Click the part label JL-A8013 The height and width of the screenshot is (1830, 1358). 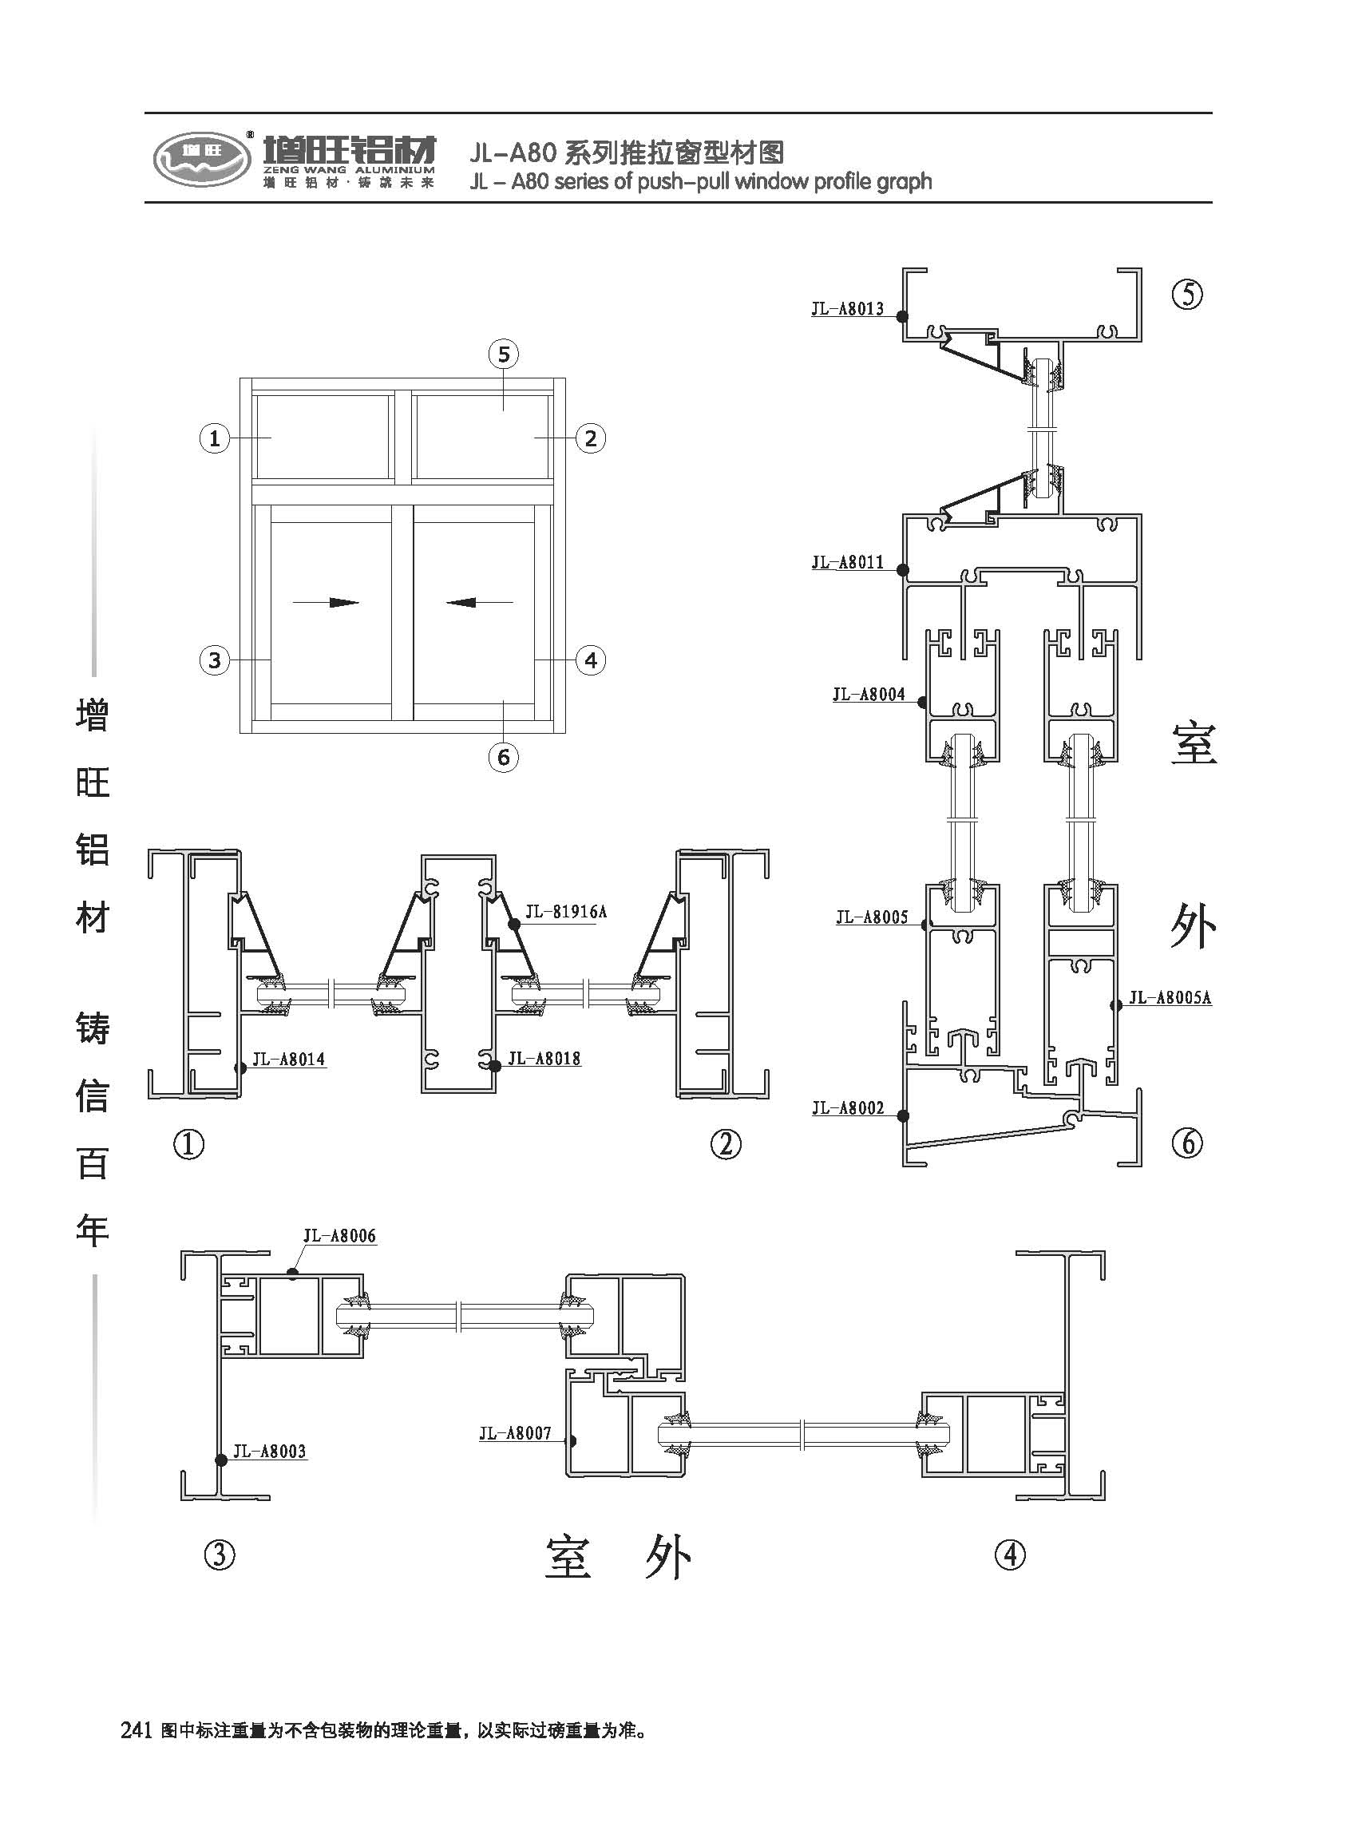point(848,309)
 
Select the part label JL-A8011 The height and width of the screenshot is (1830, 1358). point(848,563)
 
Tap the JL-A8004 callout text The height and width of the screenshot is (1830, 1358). point(869,695)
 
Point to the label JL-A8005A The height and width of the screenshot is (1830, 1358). point(1170,998)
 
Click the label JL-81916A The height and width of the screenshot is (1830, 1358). point(565,912)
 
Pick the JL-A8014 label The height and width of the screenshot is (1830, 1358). point(288,1060)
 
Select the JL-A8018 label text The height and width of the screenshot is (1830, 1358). point(544,1059)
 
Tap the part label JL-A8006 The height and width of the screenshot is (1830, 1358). point(339,1236)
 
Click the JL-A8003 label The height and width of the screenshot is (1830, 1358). point(270,1451)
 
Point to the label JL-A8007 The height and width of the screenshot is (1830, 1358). point(516,1434)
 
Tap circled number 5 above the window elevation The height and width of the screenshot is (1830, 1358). point(504,355)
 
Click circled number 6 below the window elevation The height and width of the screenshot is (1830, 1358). point(504,757)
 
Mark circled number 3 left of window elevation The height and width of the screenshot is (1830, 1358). point(215,660)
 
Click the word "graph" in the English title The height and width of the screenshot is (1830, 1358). point(904,181)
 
